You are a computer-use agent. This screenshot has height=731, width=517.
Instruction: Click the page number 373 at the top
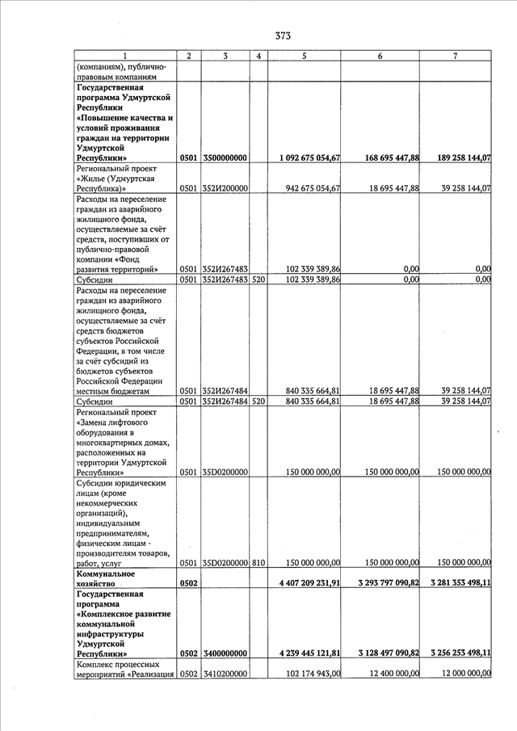tap(282, 36)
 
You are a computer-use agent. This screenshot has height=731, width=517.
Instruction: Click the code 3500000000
tap(225, 158)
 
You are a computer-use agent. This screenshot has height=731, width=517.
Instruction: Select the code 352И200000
tap(225, 188)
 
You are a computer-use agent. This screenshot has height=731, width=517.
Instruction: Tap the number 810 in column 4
tap(258, 563)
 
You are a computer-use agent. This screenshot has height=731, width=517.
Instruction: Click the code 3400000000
tap(225, 653)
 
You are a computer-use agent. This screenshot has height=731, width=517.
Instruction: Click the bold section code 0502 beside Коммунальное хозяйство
tap(188, 582)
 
